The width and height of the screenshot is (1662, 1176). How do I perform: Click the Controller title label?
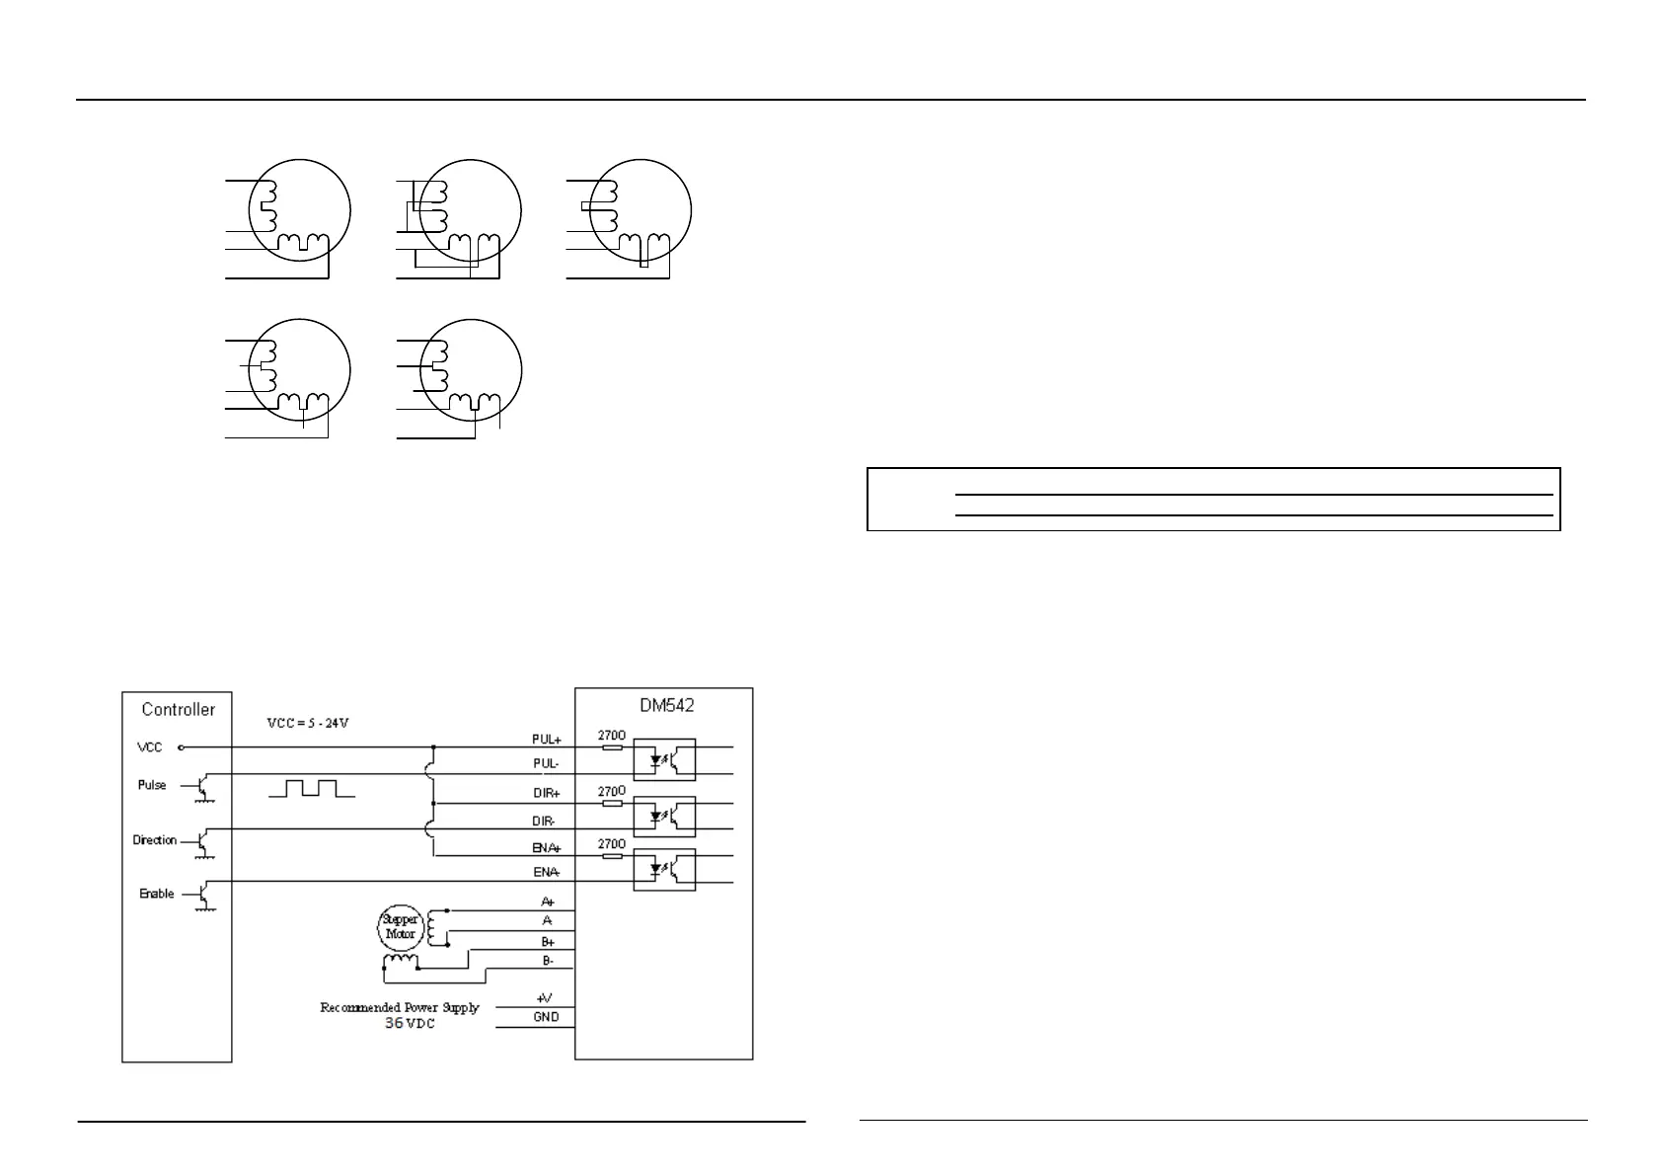178,709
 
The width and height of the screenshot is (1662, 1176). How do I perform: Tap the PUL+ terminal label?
547,739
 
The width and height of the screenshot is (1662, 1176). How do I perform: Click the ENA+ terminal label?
547,847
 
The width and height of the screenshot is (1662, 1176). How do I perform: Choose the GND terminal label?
546,1017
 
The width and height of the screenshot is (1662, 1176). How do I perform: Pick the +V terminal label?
544,999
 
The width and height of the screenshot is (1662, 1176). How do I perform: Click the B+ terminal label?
548,942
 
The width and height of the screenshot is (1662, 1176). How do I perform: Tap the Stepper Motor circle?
400,926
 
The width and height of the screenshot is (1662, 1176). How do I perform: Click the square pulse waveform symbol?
310,788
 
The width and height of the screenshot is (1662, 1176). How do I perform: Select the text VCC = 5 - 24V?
308,723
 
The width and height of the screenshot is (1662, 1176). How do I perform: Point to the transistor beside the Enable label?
203,896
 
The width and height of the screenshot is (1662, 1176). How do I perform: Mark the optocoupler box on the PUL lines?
663,759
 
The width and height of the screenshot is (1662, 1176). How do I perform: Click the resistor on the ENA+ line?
612,856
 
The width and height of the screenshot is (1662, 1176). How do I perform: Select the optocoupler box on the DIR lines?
663,816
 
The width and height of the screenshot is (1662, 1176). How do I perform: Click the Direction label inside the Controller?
155,840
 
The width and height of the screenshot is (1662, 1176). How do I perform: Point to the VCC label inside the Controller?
150,747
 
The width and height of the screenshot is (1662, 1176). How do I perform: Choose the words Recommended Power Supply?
400,1007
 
